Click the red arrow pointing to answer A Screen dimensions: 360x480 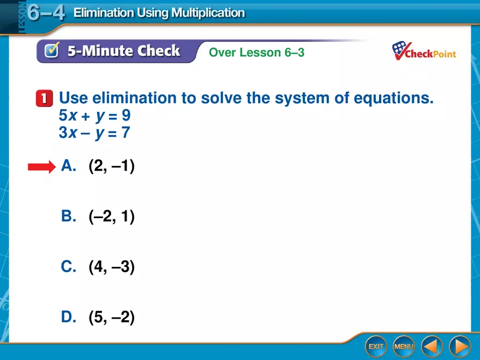[41, 167]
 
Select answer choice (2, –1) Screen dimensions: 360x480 [111, 166]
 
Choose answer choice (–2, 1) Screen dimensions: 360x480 [111, 217]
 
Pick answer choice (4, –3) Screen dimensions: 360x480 [111, 267]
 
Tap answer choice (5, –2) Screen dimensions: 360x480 [111, 317]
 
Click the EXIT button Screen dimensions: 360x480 [376, 346]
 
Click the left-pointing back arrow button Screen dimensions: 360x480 [431, 346]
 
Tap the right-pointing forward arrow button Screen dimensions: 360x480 [459, 346]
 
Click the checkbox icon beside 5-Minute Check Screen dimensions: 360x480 [51, 51]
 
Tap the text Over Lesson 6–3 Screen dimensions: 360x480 [256, 52]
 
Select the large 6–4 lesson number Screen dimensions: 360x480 [46, 12]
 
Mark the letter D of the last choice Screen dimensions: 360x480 [68, 317]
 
